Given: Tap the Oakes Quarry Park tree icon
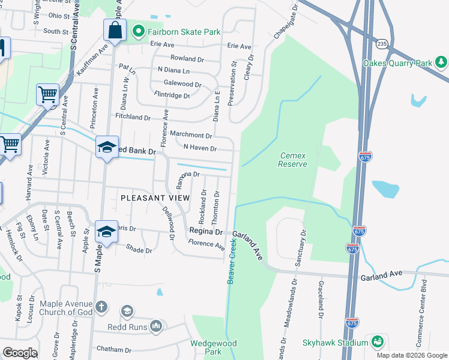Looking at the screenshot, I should (442, 62).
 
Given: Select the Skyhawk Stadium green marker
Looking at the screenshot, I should (378, 342).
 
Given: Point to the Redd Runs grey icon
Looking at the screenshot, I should (156, 326).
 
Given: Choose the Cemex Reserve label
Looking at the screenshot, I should (293, 160).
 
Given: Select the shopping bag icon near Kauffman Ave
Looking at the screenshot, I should (114, 30).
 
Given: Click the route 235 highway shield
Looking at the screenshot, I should (382, 44).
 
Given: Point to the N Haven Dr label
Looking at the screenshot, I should (200, 148).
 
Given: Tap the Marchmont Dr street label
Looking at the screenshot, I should (191, 135).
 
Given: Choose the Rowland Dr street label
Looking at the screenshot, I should (187, 58).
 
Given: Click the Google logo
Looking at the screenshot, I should (20, 353).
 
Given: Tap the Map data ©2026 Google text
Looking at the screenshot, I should (412, 355).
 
